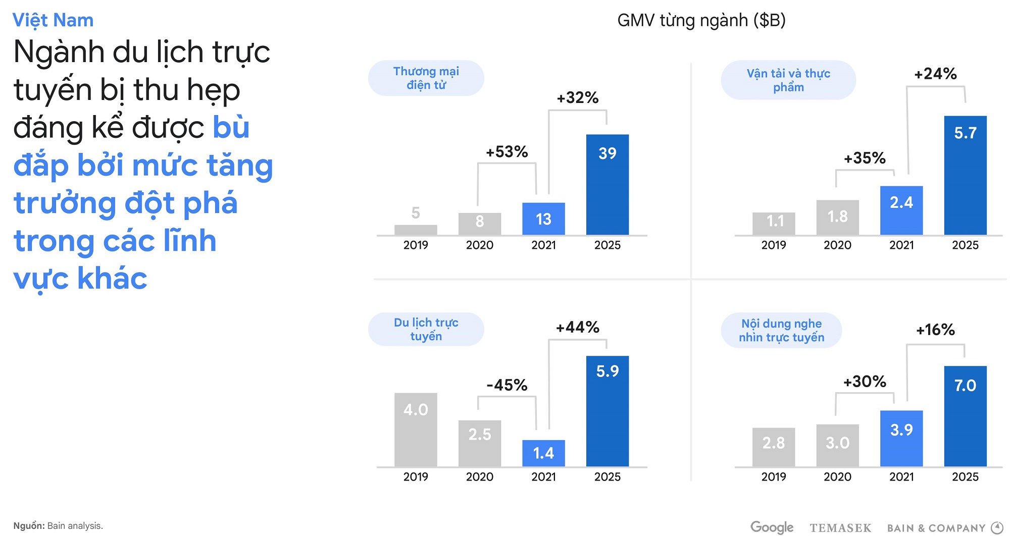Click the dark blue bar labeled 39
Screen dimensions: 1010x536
tap(607, 185)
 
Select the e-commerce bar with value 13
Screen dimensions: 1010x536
tap(543, 219)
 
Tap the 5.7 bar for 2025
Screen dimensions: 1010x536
tap(965, 176)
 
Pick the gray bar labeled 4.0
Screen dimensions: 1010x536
tap(416, 430)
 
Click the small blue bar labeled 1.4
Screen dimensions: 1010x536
tap(543, 453)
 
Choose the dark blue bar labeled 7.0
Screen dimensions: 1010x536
tap(965, 416)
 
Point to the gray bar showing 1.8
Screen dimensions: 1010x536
tap(837, 218)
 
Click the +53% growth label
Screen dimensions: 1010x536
tap(507, 151)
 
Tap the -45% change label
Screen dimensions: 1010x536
tap(507, 385)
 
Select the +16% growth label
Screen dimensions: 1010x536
tap(935, 330)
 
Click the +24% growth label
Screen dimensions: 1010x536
tap(935, 74)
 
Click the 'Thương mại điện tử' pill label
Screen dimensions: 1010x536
tap(426, 78)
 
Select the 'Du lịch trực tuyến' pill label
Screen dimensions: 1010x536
tap(426, 329)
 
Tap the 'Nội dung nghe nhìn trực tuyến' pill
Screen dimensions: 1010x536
tap(781, 331)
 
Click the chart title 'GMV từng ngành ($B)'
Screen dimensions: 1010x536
tap(701, 20)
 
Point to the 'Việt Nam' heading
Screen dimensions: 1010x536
tap(53, 20)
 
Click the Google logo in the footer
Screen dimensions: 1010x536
tap(772, 527)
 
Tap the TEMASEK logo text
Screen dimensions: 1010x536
tap(840, 528)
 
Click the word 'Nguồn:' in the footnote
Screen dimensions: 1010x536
tap(29, 526)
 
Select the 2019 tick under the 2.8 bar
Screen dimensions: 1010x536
tap(774, 477)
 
